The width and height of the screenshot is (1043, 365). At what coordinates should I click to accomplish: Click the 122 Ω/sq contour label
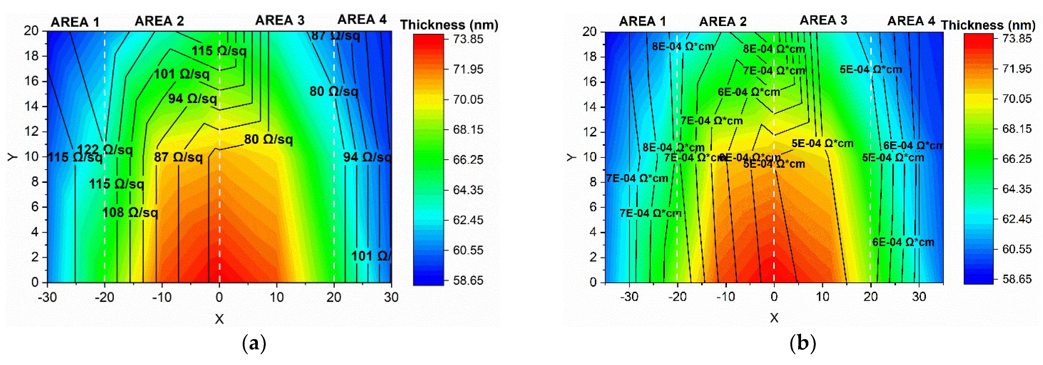105,150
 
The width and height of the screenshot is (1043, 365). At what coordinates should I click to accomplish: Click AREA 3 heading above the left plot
280,20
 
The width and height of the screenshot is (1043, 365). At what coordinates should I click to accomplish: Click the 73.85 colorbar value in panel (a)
468,39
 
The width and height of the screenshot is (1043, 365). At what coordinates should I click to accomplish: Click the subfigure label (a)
254,344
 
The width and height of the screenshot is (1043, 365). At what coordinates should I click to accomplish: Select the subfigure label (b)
802,344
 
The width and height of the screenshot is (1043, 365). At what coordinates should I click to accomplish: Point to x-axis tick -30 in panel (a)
47,297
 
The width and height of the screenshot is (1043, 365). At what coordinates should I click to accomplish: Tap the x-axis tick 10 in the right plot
822,297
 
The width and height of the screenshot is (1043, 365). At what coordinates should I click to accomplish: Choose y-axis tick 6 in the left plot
35,207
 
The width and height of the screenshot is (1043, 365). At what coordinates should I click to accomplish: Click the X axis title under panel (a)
219,319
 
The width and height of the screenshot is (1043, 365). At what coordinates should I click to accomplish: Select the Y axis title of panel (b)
571,157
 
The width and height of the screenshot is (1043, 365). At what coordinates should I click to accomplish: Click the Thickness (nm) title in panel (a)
449,25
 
